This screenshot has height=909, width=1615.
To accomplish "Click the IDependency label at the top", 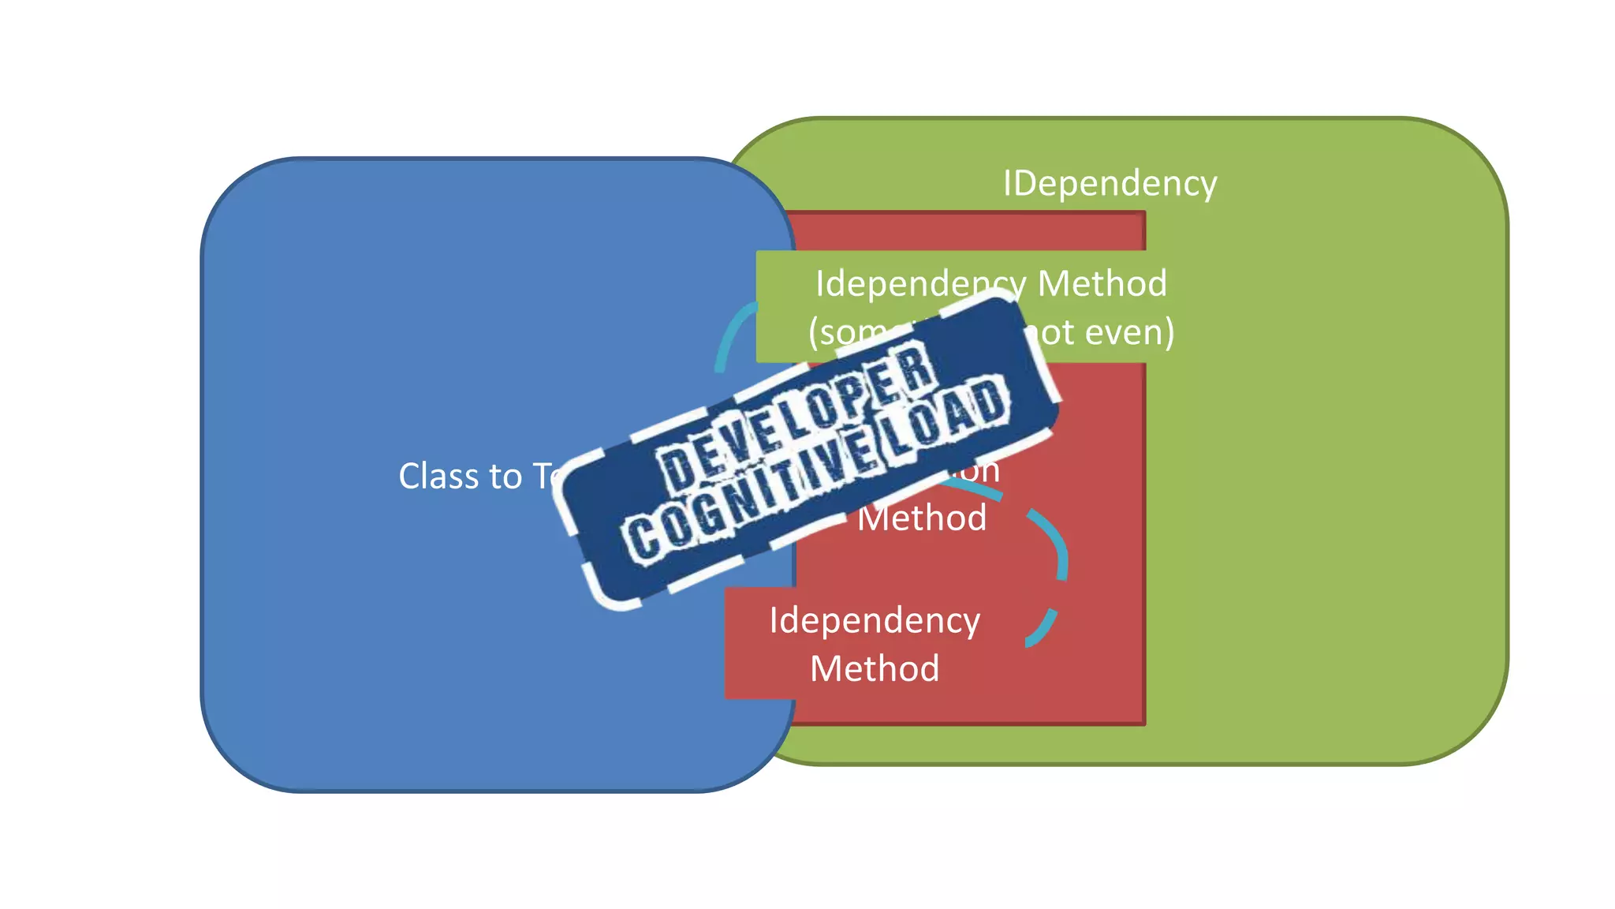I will coord(1110,183).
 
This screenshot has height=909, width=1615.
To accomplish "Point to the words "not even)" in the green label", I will coord(1100,332).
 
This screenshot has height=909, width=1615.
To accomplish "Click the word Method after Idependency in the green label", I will coord(1102,283).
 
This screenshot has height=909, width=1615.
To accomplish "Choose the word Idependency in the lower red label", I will coord(875,620).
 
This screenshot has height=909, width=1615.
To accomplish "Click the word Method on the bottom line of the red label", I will coord(875,669).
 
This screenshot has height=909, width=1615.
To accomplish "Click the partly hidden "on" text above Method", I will coord(982,471).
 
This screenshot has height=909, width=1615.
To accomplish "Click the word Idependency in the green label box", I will coord(915,283).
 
